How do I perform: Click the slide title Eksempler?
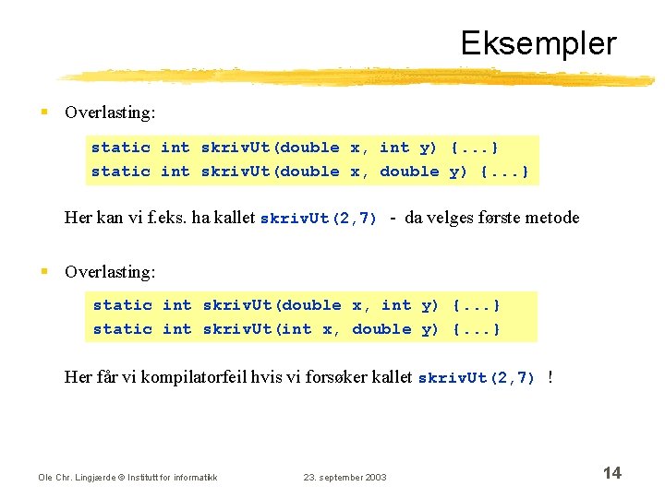tap(538, 43)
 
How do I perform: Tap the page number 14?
tap(611, 473)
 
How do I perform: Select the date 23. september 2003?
tap(345, 477)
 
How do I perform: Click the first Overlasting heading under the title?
tap(110, 113)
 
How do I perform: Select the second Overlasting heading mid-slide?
tap(110, 272)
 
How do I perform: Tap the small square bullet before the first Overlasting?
tap(44, 113)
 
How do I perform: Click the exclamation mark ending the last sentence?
tap(550, 377)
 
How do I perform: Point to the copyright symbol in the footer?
tap(118, 477)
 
